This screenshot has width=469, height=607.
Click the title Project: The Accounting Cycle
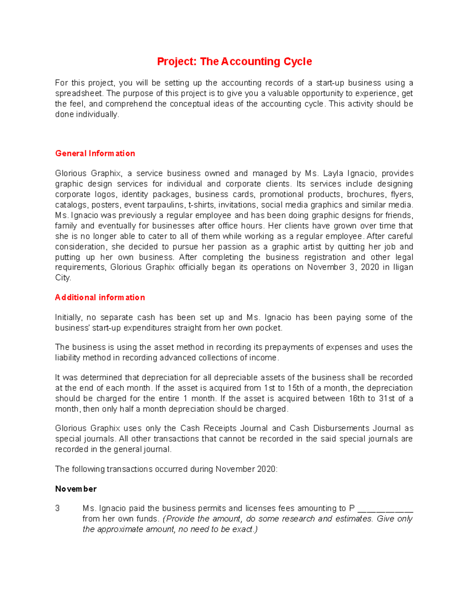pos(234,61)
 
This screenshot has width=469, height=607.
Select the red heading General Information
pos(95,153)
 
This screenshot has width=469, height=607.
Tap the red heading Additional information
pos(100,297)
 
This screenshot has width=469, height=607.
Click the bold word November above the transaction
pos(76,489)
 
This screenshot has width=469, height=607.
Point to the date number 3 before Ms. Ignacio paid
pos(57,509)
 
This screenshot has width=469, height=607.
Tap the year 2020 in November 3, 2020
pos(370,267)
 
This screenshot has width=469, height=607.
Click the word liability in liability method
pos(67,358)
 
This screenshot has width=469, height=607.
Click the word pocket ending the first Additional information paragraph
pos(269,328)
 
